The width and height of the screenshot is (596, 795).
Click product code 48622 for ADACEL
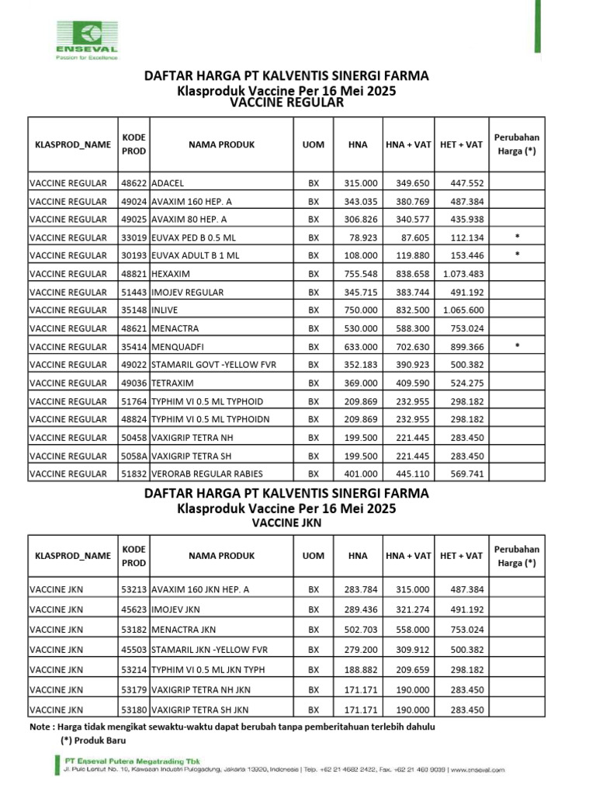pos(133,182)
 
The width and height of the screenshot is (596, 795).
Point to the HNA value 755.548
pos(361,274)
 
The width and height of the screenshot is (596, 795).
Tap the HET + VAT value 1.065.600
pos(463,310)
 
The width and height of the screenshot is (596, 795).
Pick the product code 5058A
pos(133,456)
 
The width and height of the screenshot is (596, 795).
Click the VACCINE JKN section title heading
pos(286,523)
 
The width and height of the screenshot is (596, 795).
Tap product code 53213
pos(133,589)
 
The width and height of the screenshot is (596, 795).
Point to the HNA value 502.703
pos(361,630)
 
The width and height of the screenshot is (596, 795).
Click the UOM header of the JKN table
pos(314,556)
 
